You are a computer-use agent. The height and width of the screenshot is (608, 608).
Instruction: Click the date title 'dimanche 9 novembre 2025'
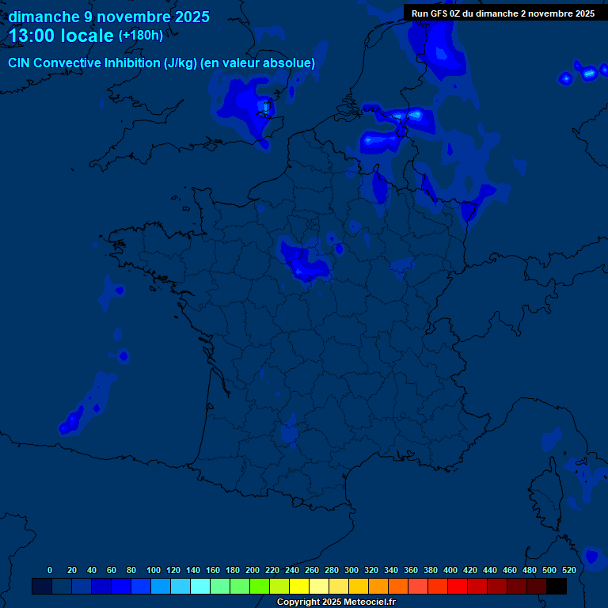click(x=109, y=17)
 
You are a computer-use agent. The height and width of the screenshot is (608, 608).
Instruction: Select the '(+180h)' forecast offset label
click(x=141, y=36)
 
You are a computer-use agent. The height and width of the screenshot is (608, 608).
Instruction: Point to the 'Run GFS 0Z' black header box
click(x=503, y=13)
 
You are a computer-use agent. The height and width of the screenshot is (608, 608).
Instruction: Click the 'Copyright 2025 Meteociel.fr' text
click(x=336, y=602)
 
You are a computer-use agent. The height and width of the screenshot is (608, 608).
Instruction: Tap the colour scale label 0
click(x=50, y=570)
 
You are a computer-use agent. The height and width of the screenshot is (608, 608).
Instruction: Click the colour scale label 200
click(x=253, y=570)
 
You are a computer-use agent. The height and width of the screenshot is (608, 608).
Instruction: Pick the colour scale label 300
click(x=351, y=570)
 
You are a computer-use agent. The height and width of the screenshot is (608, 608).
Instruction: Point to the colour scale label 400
click(x=450, y=570)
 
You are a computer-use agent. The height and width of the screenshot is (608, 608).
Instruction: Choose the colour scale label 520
click(x=569, y=570)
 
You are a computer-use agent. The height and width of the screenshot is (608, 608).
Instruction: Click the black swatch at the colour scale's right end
click(x=557, y=586)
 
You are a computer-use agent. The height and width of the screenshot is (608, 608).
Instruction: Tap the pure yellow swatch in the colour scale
click(x=299, y=586)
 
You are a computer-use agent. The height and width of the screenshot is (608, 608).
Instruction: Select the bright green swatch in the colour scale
click(x=260, y=586)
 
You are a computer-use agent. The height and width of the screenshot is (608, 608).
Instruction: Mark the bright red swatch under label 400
click(x=458, y=586)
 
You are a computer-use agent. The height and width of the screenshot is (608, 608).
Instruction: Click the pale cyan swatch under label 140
click(x=200, y=586)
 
